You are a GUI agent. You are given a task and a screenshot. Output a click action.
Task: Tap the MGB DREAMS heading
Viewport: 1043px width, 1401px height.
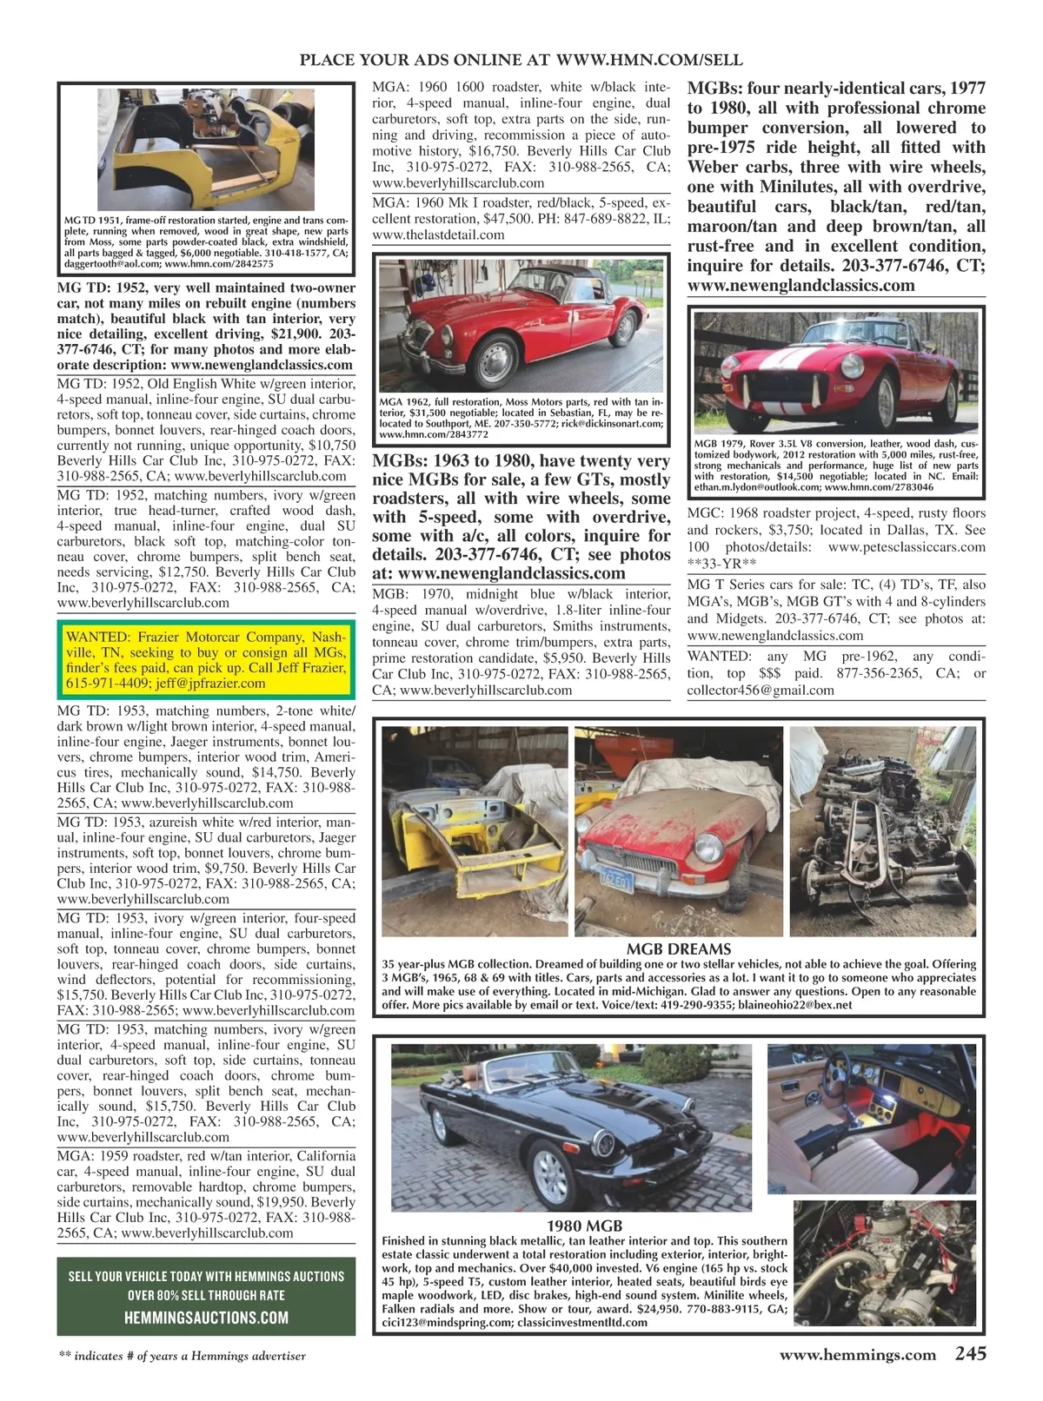pyautogui.click(x=678, y=949)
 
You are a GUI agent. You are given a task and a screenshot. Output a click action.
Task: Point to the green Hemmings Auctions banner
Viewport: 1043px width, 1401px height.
pyautogui.click(x=206, y=1296)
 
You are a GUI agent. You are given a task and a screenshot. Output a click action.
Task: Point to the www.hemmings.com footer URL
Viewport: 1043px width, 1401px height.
pyautogui.click(x=857, y=1355)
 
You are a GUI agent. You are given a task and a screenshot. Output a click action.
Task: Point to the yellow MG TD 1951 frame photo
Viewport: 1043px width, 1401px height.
pyautogui.click(x=206, y=149)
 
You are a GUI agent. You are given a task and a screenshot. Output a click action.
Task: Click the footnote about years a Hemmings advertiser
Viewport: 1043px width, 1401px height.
pyautogui.click(x=182, y=1356)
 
